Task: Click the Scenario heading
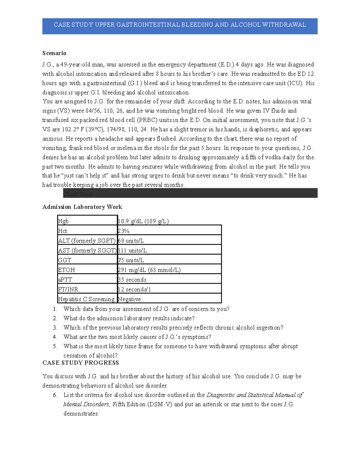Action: (x=54, y=53)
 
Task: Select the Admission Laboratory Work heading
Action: (x=82, y=207)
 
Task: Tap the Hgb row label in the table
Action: (x=63, y=221)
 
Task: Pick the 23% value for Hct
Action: (x=124, y=231)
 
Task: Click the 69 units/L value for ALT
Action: (x=131, y=241)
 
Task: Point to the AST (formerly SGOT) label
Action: (x=87, y=251)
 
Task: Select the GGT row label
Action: (x=64, y=260)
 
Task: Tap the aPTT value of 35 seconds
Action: (x=132, y=280)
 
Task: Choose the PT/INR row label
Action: (x=68, y=290)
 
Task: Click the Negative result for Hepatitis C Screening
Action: (x=129, y=299)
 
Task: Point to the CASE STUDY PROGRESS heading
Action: (x=81, y=363)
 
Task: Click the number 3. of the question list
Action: (x=55, y=328)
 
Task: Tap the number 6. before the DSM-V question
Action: (x=55, y=395)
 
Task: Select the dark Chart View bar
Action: (x=190, y=194)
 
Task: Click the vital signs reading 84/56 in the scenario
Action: (x=92, y=111)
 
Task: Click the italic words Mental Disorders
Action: (x=86, y=404)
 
